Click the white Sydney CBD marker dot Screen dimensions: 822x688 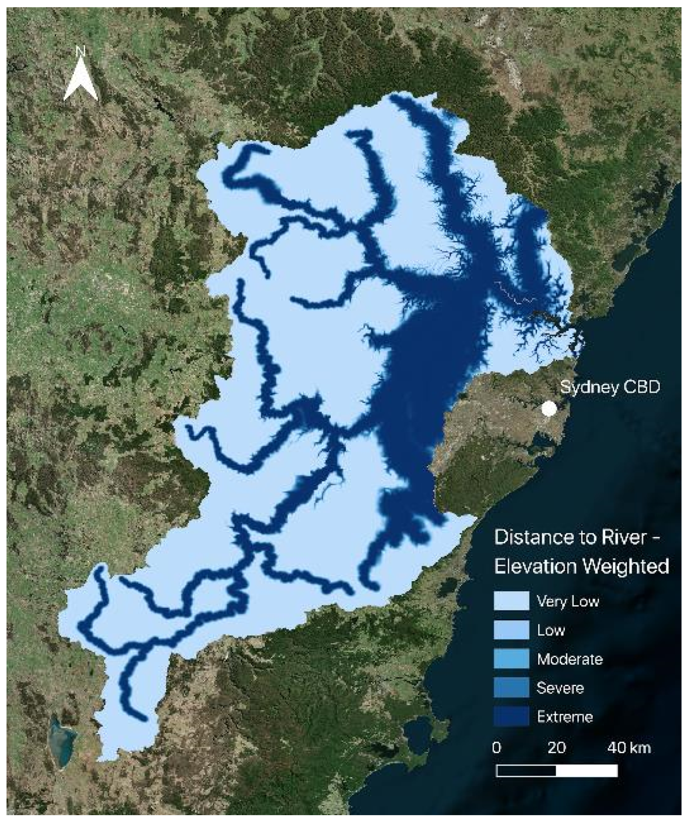(549, 409)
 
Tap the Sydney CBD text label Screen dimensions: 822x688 (610, 387)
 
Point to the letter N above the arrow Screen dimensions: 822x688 (81, 51)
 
